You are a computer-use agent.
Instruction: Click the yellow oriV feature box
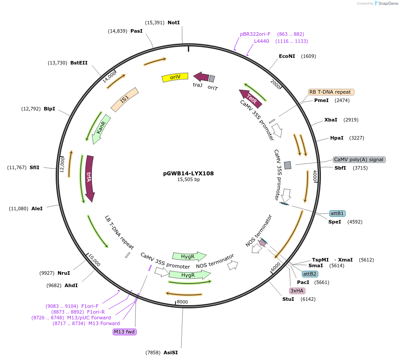[175, 77]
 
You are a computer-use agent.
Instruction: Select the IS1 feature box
[125, 99]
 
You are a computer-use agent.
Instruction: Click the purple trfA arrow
[89, 178]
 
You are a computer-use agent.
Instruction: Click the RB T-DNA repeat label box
[331, 92]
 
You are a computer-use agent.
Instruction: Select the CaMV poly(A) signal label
[359, 159]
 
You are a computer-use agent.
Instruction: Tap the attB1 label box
[337, 213]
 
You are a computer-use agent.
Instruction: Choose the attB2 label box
[310, 274]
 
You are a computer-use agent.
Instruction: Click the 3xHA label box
[297, 291]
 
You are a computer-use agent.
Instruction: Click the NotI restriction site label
[174, 23]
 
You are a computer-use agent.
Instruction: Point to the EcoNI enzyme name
[287, 56]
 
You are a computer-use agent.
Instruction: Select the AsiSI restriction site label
[171, 352]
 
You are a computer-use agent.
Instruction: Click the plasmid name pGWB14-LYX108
[188, 174]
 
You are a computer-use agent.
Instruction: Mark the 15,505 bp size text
[188, 180]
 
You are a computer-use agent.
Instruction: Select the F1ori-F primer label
[90, 306]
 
